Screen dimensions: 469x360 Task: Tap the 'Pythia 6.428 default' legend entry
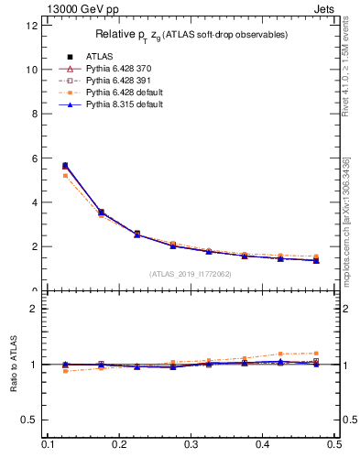pos(124,93)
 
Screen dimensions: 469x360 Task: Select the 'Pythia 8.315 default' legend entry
pos(124,104)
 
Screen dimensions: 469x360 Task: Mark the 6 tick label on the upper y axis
pos(34,158)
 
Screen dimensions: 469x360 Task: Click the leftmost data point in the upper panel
pos(65,166)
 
